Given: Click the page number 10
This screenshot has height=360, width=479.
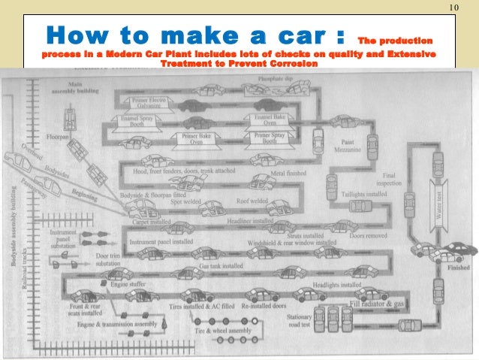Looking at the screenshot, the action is [453, 8].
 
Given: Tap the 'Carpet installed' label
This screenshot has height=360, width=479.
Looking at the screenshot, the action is [148, 223].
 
